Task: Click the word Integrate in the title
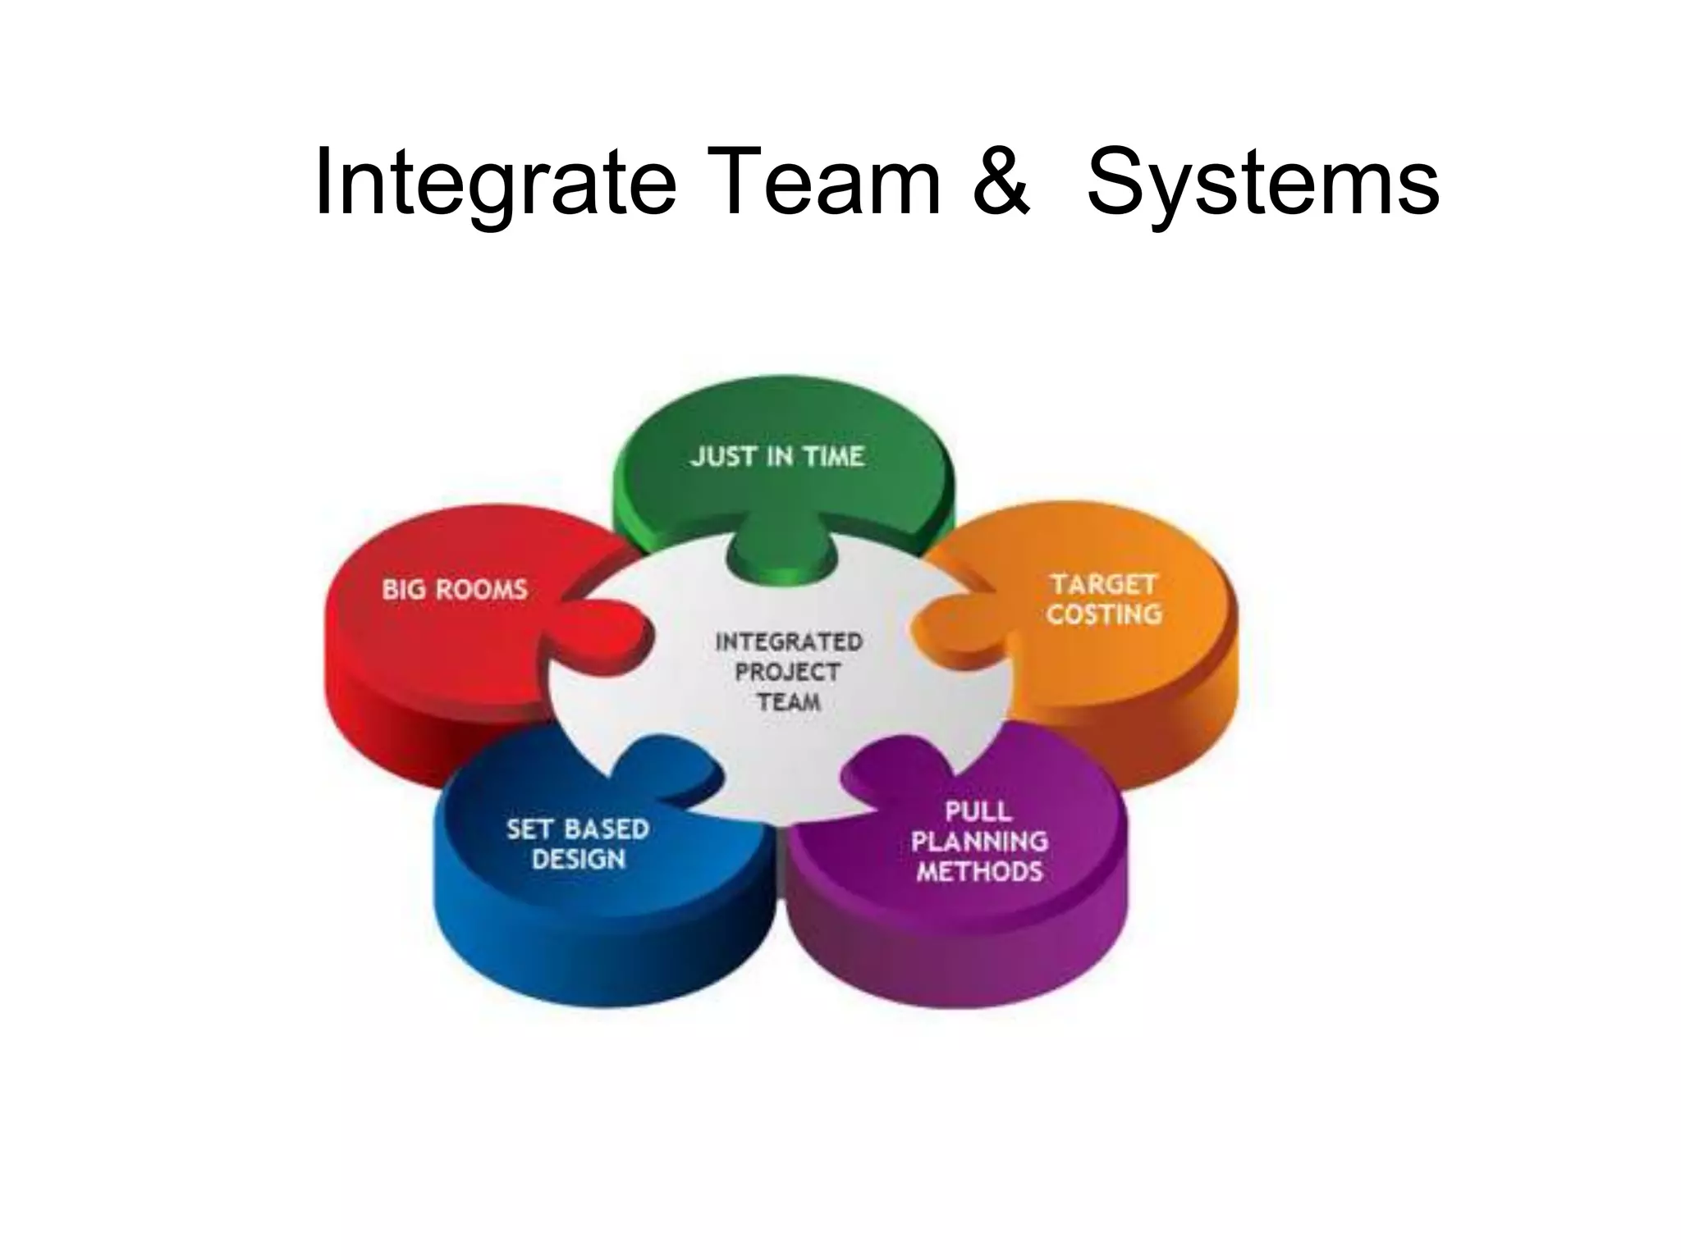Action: [495, 182]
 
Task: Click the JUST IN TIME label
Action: [777, 456]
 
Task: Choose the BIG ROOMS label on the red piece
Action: [455, 589]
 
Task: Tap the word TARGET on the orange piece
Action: [1103, 584]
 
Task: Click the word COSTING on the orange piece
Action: [1104, 614]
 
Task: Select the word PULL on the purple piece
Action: [978, 811]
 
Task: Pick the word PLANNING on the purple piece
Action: [979, 841]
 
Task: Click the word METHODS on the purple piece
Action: [979, 870]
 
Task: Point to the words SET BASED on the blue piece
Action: [578, 829]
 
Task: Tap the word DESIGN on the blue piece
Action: [579, 859]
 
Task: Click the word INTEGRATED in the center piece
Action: [789, 641]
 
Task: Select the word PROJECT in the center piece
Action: [788, 672]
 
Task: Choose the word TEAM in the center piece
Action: [789, 702]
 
